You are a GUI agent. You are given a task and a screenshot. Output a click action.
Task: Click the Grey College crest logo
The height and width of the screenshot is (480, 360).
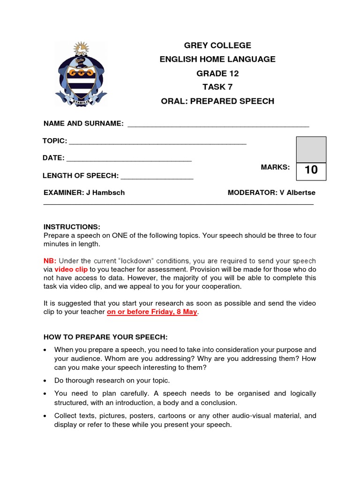[x=81, y=74]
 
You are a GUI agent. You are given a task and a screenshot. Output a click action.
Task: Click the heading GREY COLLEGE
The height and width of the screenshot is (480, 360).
[x=217, y=45]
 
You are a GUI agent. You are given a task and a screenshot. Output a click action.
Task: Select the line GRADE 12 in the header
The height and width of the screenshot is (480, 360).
[x=217, y=73]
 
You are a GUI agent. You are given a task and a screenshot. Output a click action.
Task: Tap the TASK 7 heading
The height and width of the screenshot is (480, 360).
[x=217, y=87]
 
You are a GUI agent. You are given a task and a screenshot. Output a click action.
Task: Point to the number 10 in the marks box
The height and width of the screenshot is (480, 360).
[x=311, y=170]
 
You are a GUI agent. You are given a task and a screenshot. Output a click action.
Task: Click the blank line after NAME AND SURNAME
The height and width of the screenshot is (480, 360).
[x=218, y=125]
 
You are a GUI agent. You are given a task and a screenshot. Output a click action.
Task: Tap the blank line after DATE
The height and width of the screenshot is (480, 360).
[x=129, y=159]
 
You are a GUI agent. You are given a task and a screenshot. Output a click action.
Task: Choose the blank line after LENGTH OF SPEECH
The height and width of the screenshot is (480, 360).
[x=157, y=177]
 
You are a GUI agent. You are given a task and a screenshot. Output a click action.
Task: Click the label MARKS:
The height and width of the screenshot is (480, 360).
[x=275, y=167]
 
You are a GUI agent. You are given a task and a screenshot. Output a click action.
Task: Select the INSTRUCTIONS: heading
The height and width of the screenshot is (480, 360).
[x=72, y=227]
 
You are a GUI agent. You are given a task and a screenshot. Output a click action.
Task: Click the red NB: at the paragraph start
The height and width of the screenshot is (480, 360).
[x=50, y=261]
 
